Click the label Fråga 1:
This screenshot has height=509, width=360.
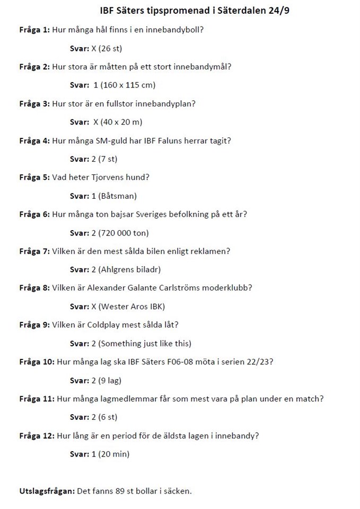pyautogui.click(x=34, y=29)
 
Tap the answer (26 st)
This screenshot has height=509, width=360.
pyautogui.click(x=110, y=49)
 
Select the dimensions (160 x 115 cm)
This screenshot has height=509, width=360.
pyautogui.click(x=124, y=85)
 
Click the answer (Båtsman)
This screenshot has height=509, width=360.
pyautogui.click(x=117, y=196)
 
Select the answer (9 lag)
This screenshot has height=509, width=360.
pyautogui.click(x=110, y=381)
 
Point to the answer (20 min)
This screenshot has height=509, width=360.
pyautogui.click(x=114, y=454)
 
